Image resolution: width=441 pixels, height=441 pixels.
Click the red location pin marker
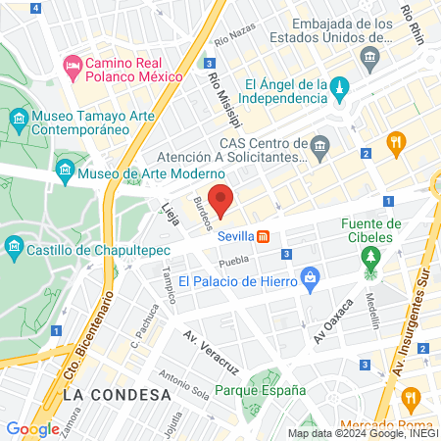tap(220, 199)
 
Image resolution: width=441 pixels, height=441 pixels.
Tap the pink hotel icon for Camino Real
tap(72, 66)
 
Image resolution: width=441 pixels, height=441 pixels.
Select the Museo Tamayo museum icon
tap(19, 120)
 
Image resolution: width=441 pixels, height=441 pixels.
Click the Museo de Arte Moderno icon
tap(64, 172)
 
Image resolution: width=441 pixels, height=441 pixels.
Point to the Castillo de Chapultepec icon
tap(14, 244)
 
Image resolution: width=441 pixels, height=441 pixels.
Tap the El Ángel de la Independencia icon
tap(338, 89)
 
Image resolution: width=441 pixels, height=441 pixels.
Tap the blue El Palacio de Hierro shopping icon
tap(311, 278)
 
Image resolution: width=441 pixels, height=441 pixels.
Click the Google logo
tap(32, 428)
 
